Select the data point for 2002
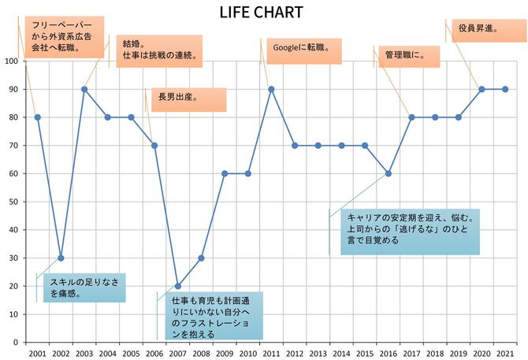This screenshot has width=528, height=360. coord(61,258)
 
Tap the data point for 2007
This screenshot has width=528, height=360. coord(178,286)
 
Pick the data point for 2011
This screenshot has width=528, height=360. coord(271,89)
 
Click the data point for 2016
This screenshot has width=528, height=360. coord(388,173)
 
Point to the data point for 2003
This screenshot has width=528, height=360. coord(84,89)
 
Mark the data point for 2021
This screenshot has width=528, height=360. coord(505,89)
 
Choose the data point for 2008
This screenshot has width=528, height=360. coord(201,258)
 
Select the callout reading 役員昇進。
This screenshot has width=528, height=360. coord(486,31)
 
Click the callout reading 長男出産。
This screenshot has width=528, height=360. coord(188,99)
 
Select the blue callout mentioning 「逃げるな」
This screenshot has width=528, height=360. coord(410,232)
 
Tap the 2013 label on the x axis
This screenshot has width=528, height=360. coord(318,352)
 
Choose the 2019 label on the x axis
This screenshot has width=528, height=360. coord(458,352)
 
